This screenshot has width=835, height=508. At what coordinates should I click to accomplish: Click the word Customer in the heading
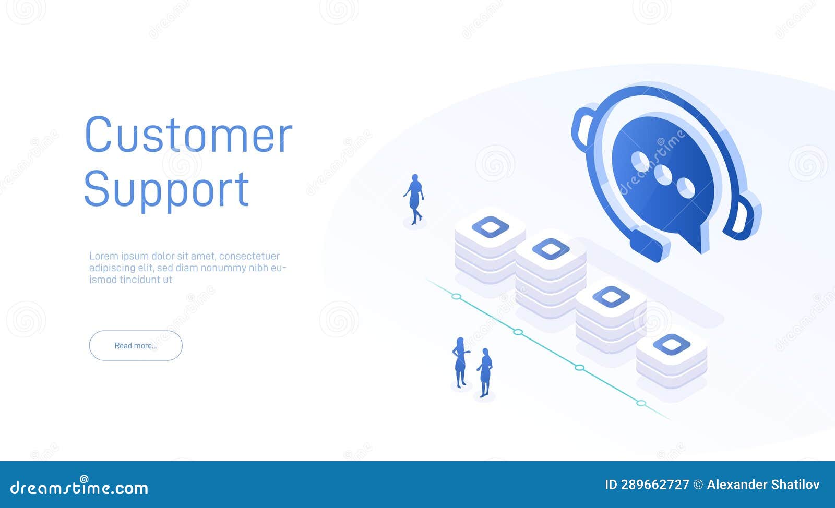[188, 136]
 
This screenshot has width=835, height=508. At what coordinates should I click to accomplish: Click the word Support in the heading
[166, 190]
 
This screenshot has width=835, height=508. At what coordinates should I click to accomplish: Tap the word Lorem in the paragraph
[103, 256]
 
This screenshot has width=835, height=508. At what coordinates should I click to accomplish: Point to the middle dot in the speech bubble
[663, 175]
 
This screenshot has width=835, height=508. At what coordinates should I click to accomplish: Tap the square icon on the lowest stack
[672, 344]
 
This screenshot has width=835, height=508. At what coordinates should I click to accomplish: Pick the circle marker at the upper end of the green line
[457, 296]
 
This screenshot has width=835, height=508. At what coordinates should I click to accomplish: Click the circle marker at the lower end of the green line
[641, 403]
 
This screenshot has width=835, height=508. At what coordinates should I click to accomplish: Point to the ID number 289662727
[655, 485]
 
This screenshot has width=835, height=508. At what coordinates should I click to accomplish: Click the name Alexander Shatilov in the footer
[763, 485]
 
